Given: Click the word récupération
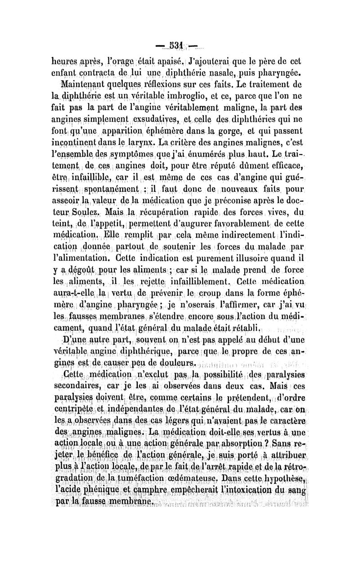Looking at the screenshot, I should (171, 211).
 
